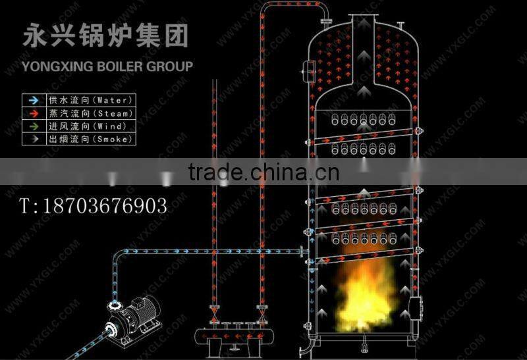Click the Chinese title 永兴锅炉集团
[x=105, y=36]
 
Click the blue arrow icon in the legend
[x=33, y=100]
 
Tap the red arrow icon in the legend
[x=33, y=113]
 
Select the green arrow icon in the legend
[x=33, y=126]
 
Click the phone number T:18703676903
[x=93, y=205]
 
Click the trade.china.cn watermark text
[x=263, y=172]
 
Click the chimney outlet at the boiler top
[x=362, y=20]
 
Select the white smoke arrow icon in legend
[x=33, y=139]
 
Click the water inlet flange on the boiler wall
[x=302, y=251]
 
